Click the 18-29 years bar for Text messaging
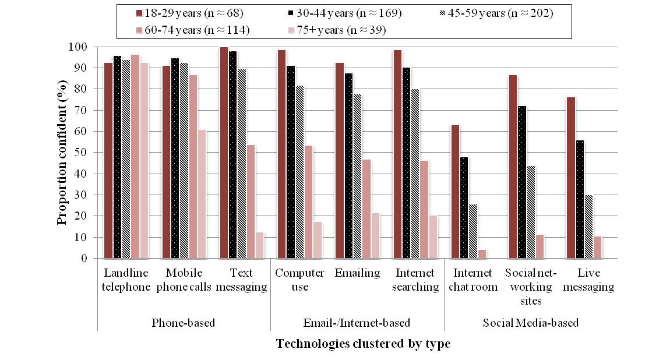click(x=224, y=153)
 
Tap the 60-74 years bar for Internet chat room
click(x=481, y=254)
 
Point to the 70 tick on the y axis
click(x=84, y=110)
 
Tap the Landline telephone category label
click(x=126, y=280)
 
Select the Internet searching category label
click(x=415, y=280)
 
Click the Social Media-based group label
click(x=530, y=323)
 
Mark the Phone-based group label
click(x=184, y=323)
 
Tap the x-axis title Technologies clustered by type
click(x=363, y=344)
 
